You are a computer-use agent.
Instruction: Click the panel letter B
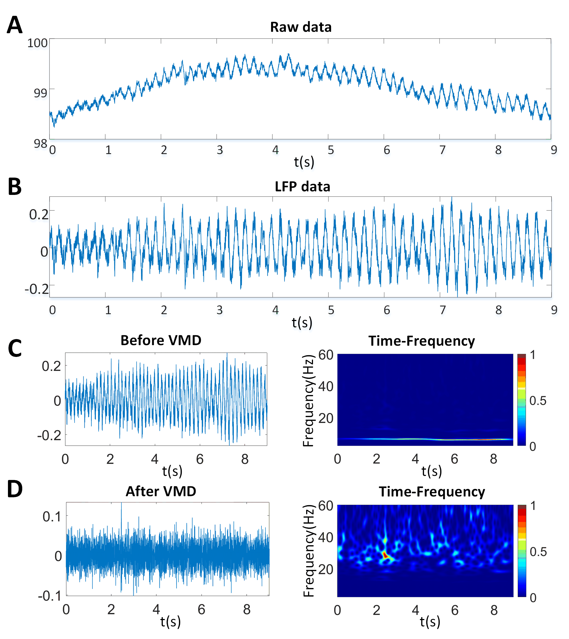click(15, 187)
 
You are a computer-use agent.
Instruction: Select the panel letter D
click(15, 489)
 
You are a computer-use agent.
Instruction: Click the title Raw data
click(301, 27)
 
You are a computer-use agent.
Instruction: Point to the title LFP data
click(302, 187)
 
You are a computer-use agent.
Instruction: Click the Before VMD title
click(161, 340)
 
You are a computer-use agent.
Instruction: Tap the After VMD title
click(161, 492)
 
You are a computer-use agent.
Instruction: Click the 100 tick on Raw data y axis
click(37, 43)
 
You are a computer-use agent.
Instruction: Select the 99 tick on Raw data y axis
click(40, 93)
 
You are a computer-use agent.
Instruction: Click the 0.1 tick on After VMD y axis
click(52, 517)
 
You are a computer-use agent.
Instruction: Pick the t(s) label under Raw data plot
click(304, 162)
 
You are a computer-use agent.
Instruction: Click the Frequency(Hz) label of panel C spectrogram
click(308, 401)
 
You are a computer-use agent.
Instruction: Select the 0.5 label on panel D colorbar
click(538, 552)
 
